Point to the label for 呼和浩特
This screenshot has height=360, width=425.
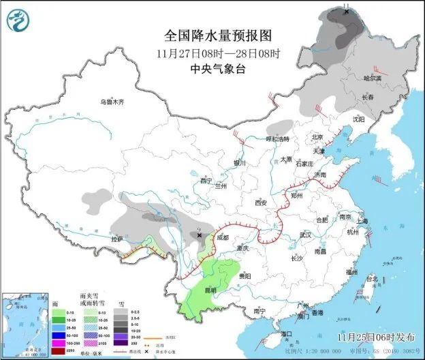pos(277,139)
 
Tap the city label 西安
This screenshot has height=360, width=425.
pos(262,202)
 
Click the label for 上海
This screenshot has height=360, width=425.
pos(362,221)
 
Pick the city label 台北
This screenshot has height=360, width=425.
pos(371,279)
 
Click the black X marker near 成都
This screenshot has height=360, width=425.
pos(200,235)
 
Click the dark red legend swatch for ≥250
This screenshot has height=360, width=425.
pos(59,350)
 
